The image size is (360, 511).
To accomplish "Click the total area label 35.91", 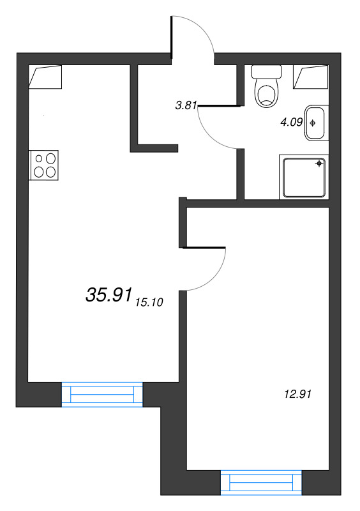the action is (109, 294).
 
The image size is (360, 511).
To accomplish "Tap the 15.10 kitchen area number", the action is (149, 302).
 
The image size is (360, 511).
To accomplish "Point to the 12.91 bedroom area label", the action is (298, 394).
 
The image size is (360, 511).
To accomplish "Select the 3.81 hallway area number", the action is (186, 105).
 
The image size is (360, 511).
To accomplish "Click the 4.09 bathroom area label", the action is (292, 122).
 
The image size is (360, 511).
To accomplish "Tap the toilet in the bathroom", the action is (267, 86).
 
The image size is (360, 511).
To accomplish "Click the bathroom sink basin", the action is (316, 123).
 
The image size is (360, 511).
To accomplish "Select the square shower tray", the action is (304, 178).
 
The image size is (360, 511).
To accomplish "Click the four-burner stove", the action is (44, 165).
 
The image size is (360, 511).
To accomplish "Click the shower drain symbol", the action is (319, 163).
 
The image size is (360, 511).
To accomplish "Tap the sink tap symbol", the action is (312, 123).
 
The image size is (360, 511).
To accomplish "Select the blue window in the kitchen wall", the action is (102, 395).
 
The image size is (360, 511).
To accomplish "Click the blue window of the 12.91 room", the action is (261, 483).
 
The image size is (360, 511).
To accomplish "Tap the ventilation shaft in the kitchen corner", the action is (45, 77).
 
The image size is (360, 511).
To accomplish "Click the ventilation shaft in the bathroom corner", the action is (311, 77).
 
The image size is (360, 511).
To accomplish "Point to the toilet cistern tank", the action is (267, 72).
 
